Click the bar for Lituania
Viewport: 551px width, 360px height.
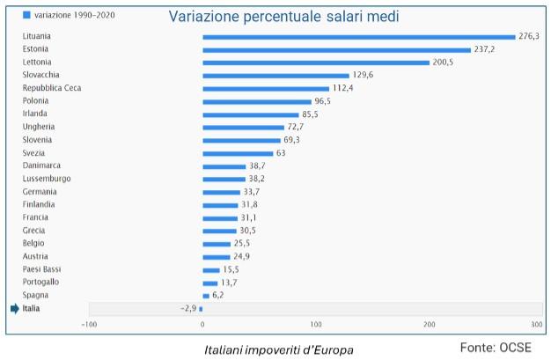(358, 37)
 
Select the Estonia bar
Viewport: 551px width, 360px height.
(336, 49)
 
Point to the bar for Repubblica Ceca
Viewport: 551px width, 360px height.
(265, 88)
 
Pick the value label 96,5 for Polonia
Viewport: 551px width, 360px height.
(326, 101)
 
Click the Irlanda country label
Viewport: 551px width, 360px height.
(36, 114)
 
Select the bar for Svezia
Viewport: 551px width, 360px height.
(238, 153)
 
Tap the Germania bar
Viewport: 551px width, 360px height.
(221, 192)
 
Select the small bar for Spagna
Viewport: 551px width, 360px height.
(206, 296)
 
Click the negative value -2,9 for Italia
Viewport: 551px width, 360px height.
(187, 309)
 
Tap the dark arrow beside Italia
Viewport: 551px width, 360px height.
(14, 309)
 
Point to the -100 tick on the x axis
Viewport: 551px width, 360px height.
(89, 324)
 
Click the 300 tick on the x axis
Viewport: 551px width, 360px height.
(537, 324)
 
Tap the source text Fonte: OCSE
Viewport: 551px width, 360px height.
(496, 348)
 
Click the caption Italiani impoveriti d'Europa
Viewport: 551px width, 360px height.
(278, 349)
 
